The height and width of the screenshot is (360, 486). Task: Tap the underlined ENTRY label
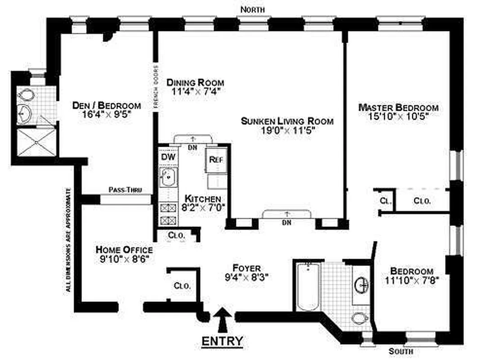click(x=222, y=341)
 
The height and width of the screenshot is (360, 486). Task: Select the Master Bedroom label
click(x=398, y=108)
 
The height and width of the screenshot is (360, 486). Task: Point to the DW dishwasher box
click(x=168, y=157)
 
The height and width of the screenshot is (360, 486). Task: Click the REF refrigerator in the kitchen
click(x=216, y=159)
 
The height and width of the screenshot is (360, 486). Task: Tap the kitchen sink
click(x=168, y=177)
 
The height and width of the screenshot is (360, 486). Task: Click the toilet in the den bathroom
click(x=26, y=94)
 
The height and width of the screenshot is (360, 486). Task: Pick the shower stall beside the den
click(x=36, y=143)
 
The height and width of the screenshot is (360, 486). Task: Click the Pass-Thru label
click(x=125, y=189)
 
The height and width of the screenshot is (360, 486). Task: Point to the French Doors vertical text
click(x=156, y=86)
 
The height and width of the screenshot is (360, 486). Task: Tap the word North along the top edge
click(x=253, y=9)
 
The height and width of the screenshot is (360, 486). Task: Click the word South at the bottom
click(x=401, y=351)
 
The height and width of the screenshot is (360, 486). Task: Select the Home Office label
click(x=124, y=249)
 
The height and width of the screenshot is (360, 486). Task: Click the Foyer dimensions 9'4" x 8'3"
click(x=247, y=277)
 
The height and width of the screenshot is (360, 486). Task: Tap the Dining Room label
click(x=195, y=82)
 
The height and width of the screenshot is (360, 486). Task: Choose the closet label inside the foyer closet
click(x=182, y=285)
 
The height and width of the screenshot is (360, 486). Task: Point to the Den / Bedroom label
click(x=107, y=105)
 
